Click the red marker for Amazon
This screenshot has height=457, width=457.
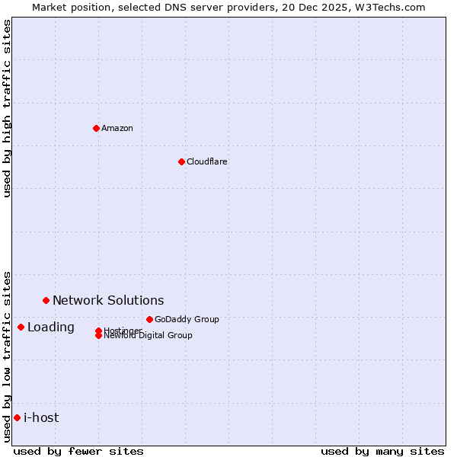[96, 128]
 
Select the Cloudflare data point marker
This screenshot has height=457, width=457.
[181, 161]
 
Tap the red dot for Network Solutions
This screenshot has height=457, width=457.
[46, 300]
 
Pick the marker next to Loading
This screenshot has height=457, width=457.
[21, 327]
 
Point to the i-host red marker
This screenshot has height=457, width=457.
[17, 417]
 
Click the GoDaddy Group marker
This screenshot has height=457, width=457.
[149, 319]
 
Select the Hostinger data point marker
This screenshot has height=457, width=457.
[98, 331]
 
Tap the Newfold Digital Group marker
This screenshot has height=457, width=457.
[98, 336]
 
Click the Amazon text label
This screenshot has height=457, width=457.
[117, 128]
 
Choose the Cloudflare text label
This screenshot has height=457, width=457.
[207, 161]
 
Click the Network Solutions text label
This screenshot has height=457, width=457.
[108, 300]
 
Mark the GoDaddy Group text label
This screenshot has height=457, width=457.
[187, 319]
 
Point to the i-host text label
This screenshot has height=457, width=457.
[41, 417]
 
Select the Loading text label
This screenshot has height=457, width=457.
[51, 327]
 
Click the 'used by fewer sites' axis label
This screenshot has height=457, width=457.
[78, 451]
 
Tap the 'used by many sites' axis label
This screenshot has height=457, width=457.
[382, 451]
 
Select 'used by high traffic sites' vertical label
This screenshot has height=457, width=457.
[8, 108]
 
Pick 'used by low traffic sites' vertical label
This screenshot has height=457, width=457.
[8, 356]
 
